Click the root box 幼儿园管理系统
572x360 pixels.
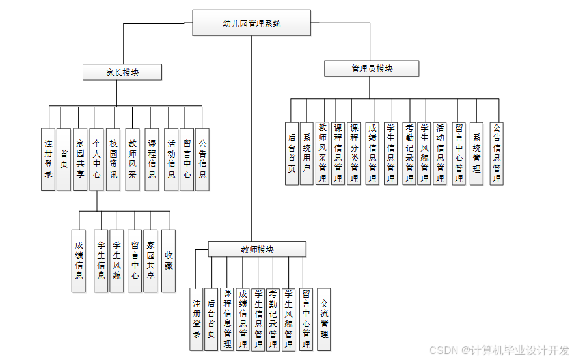[251, 23]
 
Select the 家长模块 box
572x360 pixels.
[122, 72]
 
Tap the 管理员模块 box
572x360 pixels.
[372, 68]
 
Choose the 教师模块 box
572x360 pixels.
[256, 249]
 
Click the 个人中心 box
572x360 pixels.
[96, 159]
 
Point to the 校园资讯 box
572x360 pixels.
[113, 159]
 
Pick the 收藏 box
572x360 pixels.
[169, 260]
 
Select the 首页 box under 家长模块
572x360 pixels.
[64, 159]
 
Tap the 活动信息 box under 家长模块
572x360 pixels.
[171, 159]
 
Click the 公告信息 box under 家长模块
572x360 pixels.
[202, 159]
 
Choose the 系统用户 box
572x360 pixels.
[306, 153]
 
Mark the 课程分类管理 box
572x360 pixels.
[354, 153]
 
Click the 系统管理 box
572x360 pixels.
[476, 153]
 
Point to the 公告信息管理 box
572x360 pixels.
[497, 153]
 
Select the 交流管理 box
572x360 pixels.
[323, 320]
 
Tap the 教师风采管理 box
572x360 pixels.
[323, 153]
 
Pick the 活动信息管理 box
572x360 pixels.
[441, 153]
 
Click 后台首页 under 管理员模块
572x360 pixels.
[292, 153]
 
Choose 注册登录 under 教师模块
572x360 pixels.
[197, 320]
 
